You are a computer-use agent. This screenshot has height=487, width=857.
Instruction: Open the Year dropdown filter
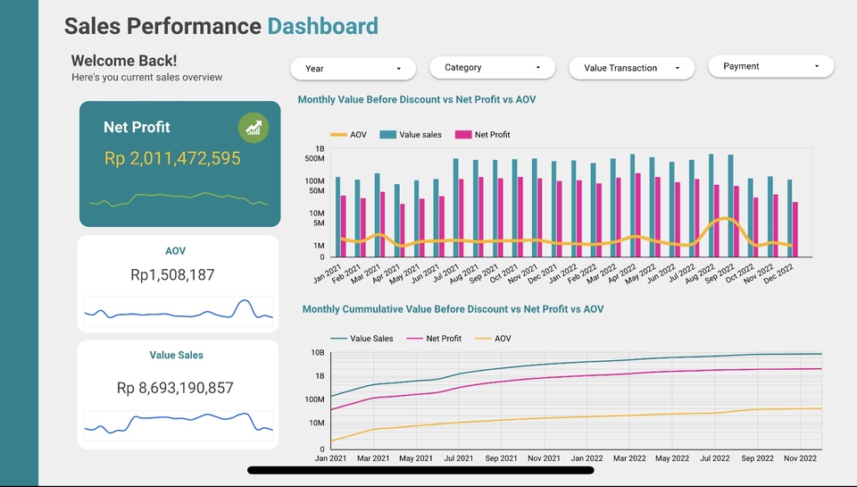353,69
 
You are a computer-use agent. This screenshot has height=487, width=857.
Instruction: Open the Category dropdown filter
492,68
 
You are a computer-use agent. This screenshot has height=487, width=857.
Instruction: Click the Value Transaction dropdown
631,68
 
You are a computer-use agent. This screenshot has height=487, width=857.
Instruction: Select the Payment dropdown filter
770,66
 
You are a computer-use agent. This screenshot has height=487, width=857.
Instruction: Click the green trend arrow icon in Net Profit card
254,128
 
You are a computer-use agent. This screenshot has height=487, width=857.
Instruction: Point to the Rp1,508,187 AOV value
172,275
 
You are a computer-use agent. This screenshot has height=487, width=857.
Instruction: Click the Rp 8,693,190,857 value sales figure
175,388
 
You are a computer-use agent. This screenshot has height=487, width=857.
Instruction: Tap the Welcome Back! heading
124,61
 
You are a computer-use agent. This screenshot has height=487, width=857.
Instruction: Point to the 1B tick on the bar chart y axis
320,148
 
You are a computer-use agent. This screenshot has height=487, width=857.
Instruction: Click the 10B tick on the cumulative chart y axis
317,353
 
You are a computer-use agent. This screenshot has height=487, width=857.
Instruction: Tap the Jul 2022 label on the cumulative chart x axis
715,458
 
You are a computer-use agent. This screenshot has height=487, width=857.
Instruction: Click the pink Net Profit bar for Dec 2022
795,230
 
